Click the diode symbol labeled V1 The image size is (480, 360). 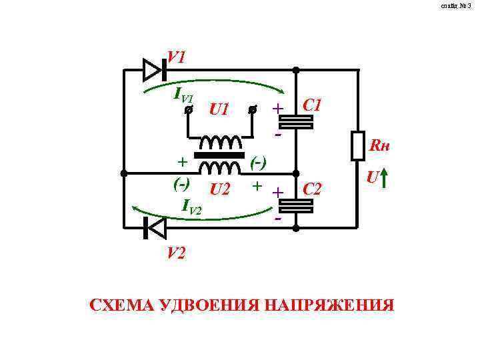[x=153, y=69]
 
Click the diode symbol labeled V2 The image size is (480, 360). [x=155, y=228]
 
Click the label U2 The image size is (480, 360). [x=220, y=190]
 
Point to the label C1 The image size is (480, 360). [x=313, y=105]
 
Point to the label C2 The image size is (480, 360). [x=313, y=190]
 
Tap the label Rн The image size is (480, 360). [x=379, y=145]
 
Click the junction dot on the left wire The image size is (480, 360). [x=124, y=173]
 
